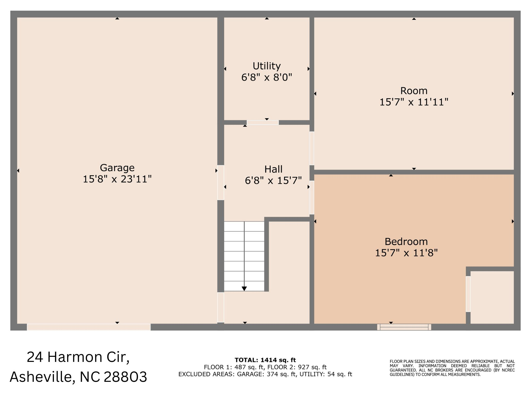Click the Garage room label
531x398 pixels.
[x=117, y=168]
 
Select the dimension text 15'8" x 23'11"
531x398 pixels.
[x=117, y=179]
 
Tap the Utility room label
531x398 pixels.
[x=267, y=66]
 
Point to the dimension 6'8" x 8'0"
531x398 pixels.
[x=267, y=78]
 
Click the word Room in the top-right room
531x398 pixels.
[x=414, y=91]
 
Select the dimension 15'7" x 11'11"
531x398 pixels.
[x=414, y=102]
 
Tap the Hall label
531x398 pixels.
[x=273, y=169]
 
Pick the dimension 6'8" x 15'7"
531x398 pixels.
[x=273, y=181]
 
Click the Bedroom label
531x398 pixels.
[x=406, y=242]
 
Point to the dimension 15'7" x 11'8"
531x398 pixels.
[x=406, y=253]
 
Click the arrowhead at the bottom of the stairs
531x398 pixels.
[x=244, y=289]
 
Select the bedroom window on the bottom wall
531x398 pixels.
[x=404, y=327]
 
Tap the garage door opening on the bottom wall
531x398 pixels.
[x=89, y=327]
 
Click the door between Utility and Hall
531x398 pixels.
[x=263, y=122]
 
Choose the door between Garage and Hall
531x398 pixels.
[x=221, y=182]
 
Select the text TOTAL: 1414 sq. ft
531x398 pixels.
[x=265, y=360]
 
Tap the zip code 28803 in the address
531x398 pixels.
[x=125, y=377]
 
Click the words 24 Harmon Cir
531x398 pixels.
[x=78, y=357]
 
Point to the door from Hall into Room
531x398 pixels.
[x=312, y=148]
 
